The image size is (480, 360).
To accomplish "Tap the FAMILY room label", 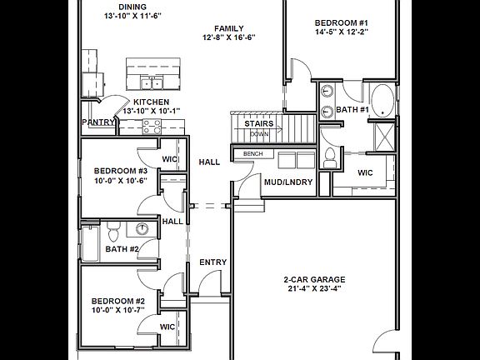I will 228,27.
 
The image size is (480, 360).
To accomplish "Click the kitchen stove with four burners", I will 152,127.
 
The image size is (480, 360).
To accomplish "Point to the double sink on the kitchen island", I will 152,82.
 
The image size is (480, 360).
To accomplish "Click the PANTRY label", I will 97,122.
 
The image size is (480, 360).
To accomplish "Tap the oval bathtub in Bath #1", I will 383,100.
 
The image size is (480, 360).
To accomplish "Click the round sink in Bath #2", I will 142,229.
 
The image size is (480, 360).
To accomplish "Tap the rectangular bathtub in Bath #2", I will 90,247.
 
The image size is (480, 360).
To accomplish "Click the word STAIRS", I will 259,123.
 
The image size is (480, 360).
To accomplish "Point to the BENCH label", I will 253,154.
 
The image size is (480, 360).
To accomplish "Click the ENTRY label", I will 213,262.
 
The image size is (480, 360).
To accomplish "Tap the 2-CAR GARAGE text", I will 314,279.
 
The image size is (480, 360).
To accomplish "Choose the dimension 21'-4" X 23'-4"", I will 314,290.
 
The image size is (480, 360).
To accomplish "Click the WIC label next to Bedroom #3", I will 169,159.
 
